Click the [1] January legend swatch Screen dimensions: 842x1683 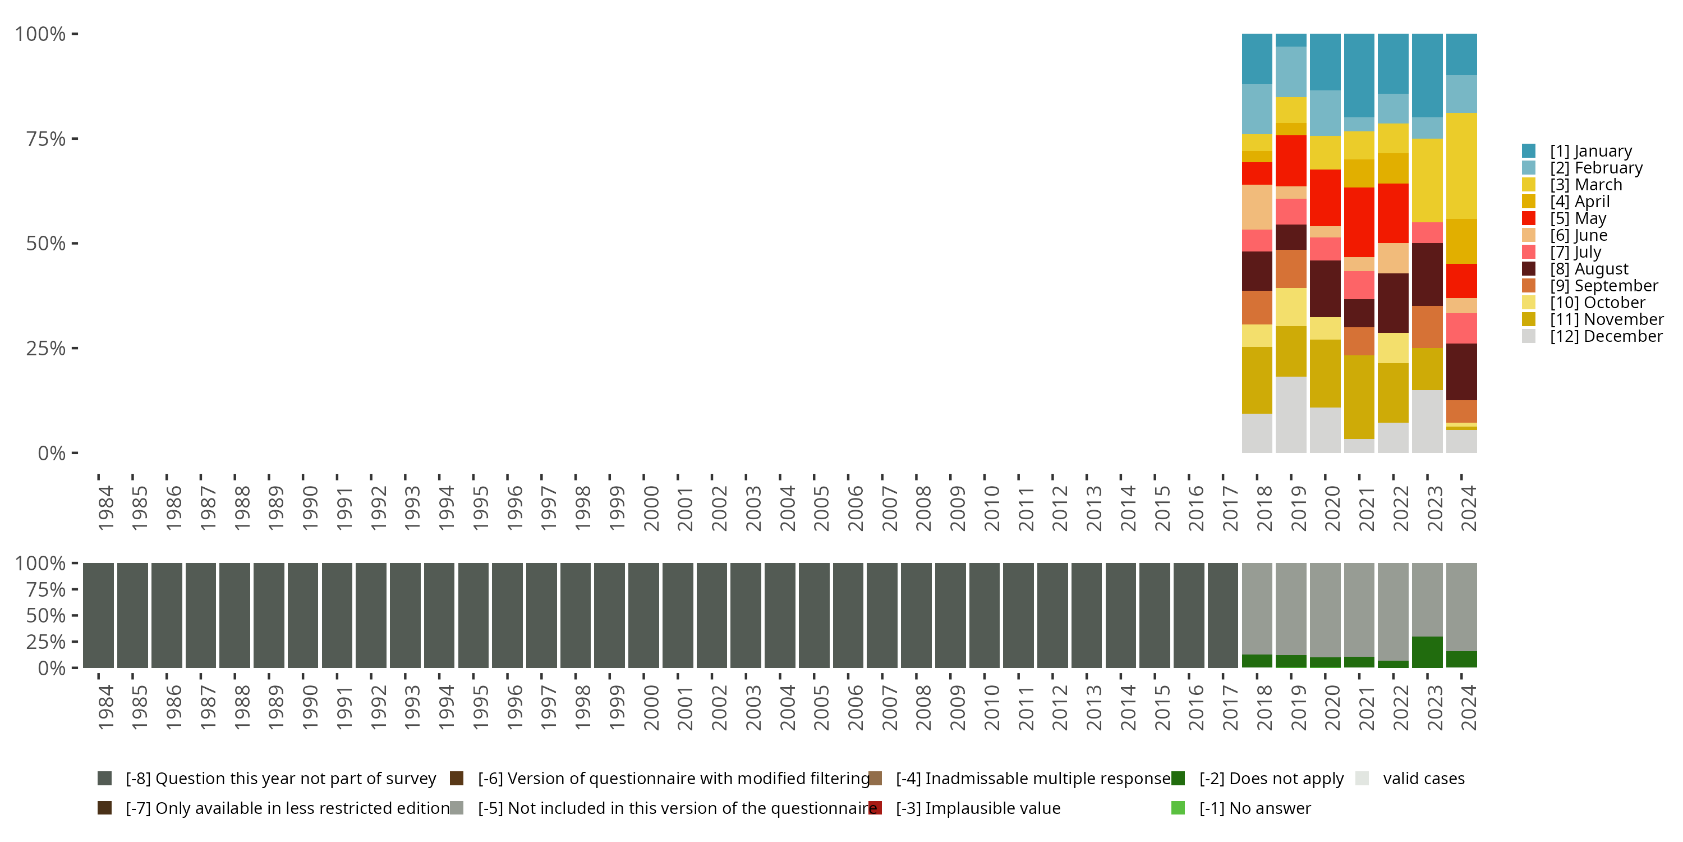pos(1528,151)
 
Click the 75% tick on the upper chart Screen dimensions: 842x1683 pos(46,139)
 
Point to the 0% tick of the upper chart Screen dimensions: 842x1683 pos(51,453)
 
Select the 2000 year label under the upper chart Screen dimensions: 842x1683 pos(651,508)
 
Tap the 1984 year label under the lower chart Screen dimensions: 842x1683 pos(105,707)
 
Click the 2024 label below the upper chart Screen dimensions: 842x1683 pos(1468,508)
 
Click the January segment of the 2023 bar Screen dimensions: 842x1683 pos(1427,75)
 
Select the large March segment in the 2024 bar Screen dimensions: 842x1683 pos(1461,166)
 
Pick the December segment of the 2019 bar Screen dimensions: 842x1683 pos(1290,414)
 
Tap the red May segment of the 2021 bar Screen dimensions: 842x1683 pos(1359,222)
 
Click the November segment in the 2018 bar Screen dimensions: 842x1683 pos(1257,380)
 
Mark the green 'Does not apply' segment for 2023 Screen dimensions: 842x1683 pos(1427,652)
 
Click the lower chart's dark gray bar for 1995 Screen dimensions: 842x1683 pos(473,615)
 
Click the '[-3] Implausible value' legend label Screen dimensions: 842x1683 pos(977,808)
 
